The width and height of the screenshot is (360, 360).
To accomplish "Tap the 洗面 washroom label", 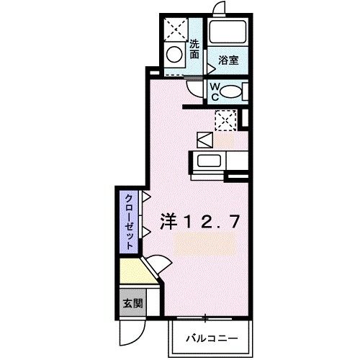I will point(194,48).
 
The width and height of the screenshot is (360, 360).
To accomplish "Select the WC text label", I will point(215,91).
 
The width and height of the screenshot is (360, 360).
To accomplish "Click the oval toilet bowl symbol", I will point(230,91).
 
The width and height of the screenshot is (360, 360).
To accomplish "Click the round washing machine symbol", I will point(174,53).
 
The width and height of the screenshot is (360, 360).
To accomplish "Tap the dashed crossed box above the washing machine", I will point(174,28).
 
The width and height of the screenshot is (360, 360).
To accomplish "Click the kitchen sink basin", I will point(209,161).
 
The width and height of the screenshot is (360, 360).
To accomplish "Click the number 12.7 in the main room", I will point(208,224).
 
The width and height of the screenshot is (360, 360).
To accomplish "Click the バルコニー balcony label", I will point(210,336).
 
